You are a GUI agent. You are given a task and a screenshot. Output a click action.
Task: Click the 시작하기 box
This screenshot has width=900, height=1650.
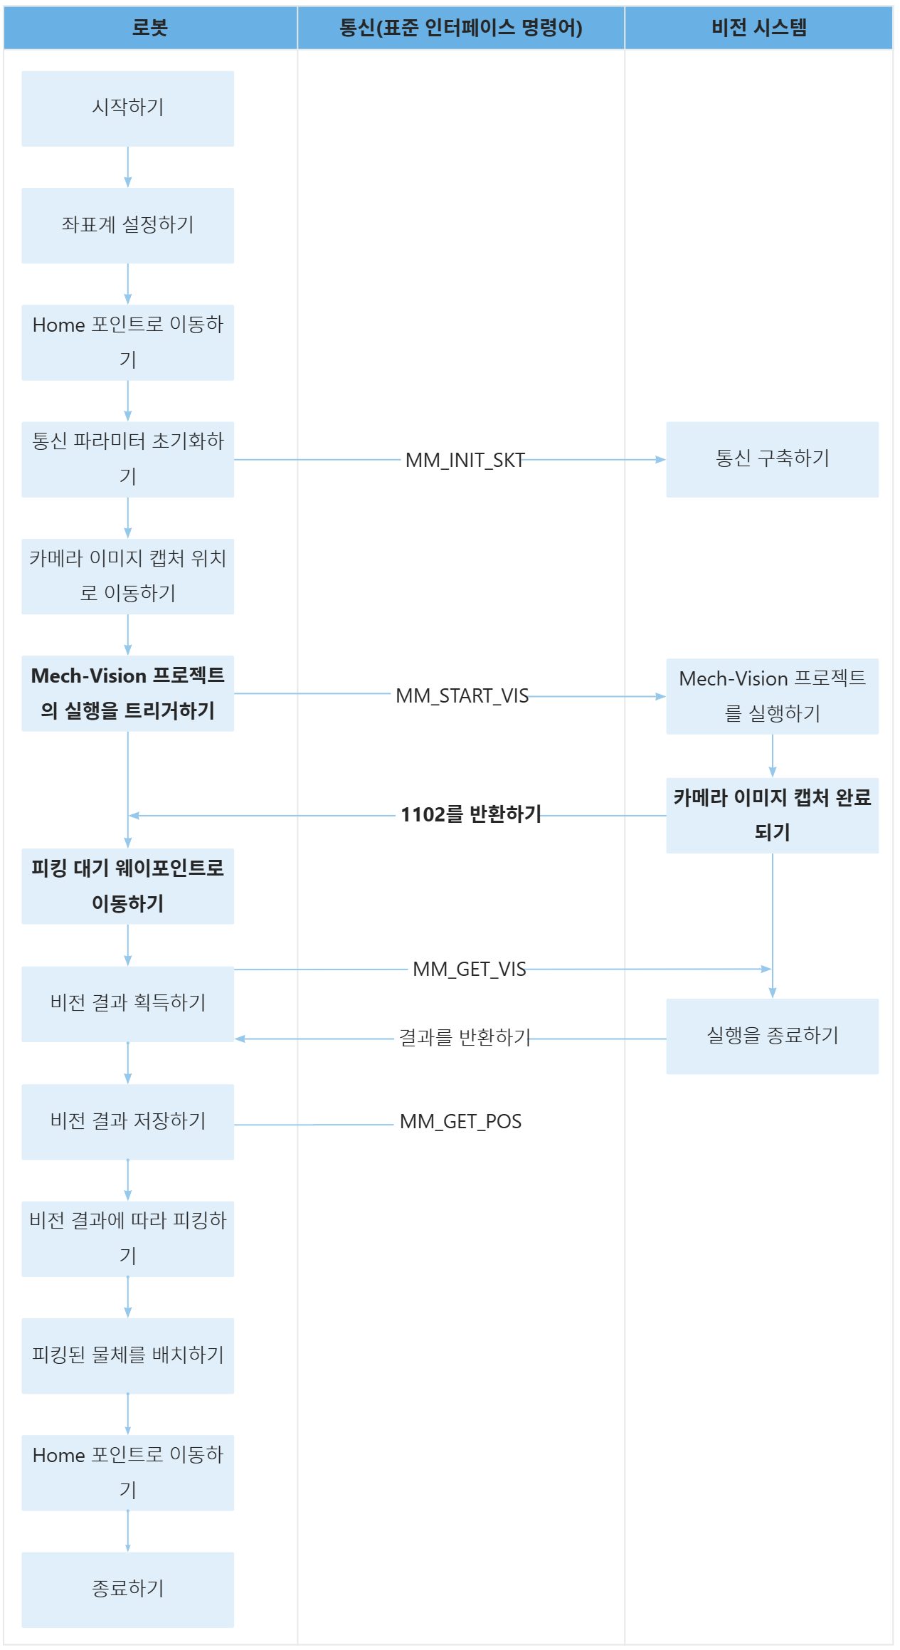click(x=128, y=108)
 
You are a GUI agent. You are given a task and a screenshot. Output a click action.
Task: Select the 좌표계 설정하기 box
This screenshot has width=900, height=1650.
click(x=128, y=226)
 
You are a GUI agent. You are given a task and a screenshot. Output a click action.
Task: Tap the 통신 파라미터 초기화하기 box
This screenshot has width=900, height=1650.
click(x=128, y=459)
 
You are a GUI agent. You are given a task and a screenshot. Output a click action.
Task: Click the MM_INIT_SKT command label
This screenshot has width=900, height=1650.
click(x=465, y=460)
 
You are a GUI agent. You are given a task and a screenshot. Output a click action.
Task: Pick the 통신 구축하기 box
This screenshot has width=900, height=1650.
click(x=772, y=459)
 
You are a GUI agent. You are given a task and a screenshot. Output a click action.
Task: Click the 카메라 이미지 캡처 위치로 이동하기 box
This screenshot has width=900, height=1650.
click(x=128, y=576)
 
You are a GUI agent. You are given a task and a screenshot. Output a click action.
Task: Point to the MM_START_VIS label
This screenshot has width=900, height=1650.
click(x=462, y=695)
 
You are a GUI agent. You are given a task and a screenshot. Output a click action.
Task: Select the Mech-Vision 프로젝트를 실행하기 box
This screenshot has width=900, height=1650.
click(x=772, y=696)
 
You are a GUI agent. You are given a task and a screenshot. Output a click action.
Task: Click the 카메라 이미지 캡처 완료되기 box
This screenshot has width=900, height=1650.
click(x=772, y=815)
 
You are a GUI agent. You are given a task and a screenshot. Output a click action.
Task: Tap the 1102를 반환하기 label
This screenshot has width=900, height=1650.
click(x=470, y=814)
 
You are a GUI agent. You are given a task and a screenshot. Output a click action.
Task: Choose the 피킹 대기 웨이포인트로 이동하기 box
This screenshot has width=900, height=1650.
click(x=128, y=886)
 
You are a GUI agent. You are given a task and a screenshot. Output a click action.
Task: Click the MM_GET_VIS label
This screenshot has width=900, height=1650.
click(x=470, y=969)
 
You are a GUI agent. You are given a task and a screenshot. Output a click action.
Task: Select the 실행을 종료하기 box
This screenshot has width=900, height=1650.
click(x=772, y=1036)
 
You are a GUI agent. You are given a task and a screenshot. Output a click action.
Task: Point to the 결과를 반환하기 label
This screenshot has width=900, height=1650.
click(x=465, y=1038)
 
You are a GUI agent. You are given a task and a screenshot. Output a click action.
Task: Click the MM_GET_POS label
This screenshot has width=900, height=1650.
click(x=460, y=1122)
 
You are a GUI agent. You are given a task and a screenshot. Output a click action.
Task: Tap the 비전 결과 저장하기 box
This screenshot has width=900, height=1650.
click(x=128, y=1122)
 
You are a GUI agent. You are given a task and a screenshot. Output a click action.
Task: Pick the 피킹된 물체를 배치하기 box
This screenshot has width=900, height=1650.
click(x=128, y=1355)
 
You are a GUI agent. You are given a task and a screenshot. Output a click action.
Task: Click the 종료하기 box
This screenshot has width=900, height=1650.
click(x=128, y=1589)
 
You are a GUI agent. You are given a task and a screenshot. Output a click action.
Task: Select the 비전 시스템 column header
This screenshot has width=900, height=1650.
click(x=758, y=28)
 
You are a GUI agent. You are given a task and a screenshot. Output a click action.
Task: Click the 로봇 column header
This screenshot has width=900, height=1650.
click(x=150, y=28)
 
